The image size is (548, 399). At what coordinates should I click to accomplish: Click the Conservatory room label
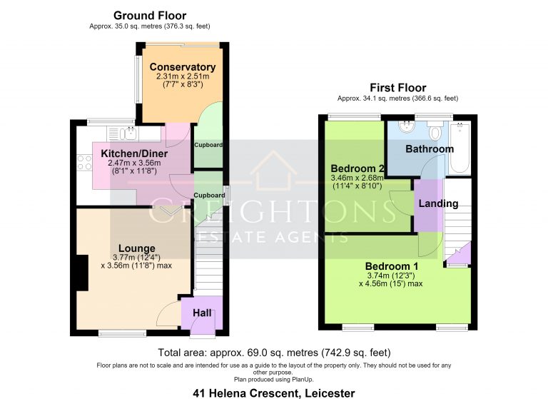tap(183, 67)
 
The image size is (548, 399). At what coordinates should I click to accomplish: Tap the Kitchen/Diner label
tap(134, 153)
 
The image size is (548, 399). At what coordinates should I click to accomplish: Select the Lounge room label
tap(137, 248)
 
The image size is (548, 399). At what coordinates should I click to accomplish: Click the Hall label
tap(202, 313)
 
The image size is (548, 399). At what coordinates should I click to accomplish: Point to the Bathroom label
tap(430, 149)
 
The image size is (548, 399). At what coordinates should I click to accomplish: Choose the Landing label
tap(438, 203)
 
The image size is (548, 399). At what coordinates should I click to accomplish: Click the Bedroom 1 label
tap(392, 266)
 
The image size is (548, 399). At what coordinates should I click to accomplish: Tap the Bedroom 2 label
tap(357, 168)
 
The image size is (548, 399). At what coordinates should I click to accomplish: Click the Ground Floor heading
tap(150, 16)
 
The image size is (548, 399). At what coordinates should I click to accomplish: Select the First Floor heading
tap(398, 87)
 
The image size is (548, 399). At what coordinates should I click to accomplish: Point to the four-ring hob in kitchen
tap(84, 163)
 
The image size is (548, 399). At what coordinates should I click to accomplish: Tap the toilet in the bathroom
tap(435, 130)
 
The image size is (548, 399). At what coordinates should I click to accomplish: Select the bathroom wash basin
tap(407, 126)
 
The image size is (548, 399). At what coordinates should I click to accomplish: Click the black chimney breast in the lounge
tap(83, 273)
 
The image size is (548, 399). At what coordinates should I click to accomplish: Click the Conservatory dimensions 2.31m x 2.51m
tap(183, 76)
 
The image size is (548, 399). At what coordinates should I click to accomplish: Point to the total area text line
tap(274, 353)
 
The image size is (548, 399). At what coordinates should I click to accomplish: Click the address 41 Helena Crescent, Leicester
tap(274, 393)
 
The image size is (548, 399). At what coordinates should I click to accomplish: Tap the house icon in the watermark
tap(274, 171)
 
